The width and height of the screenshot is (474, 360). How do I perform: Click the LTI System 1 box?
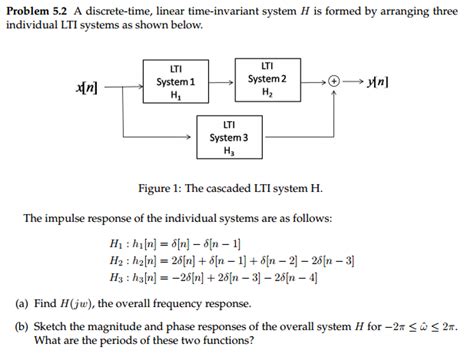[x=176, y=80]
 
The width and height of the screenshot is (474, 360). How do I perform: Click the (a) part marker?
[x=21, y=300]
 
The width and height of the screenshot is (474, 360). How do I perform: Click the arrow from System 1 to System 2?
[x=230, y=80]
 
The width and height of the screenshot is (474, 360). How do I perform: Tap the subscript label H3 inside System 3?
[x=229, y=150]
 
